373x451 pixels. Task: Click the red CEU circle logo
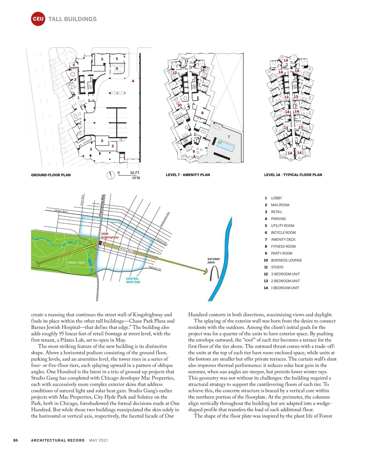point(38,19)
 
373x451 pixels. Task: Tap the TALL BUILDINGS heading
point(72,19)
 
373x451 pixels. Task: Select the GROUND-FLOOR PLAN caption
point(51,175)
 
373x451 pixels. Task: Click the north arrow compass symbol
point(111,175)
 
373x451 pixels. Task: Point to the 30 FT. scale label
point(135,173)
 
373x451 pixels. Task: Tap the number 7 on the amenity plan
point(229,137)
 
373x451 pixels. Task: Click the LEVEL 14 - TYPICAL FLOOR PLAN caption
point(293,175)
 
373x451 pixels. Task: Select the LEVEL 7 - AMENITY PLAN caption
point(188,175)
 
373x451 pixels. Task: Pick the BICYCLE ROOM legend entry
point(283,233)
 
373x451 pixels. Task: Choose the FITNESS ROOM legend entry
point(283,246)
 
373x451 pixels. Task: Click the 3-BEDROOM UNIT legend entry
point(285,274)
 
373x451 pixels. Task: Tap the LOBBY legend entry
point(276,198)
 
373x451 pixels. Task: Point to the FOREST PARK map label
point(76,263)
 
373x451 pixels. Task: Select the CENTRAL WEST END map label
point(133,281)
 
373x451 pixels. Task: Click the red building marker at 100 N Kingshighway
point(100,243)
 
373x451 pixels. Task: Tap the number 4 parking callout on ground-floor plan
point(133,81)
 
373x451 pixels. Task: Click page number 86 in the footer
point(16,440)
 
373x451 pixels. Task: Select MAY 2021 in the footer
point(99,440)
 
